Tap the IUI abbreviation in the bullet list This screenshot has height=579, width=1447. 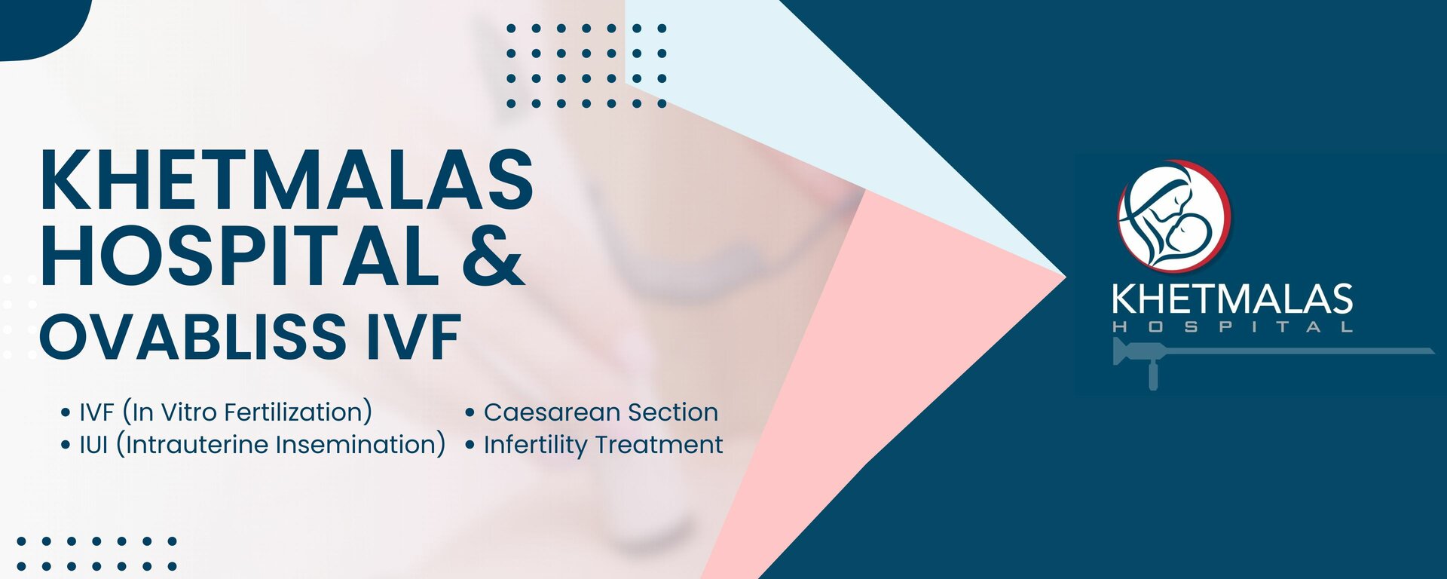point(94,445)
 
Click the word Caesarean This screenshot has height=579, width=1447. point(552,412)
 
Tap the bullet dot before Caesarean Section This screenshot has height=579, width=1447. point(470,413)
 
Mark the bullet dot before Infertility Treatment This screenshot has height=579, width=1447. point(470,446)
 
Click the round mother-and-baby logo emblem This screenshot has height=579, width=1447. point(1173,216)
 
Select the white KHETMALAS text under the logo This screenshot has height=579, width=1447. point(1231,299)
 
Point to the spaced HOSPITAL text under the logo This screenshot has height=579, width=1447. point(1231,327)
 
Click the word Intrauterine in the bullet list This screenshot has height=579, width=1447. point(196,445)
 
